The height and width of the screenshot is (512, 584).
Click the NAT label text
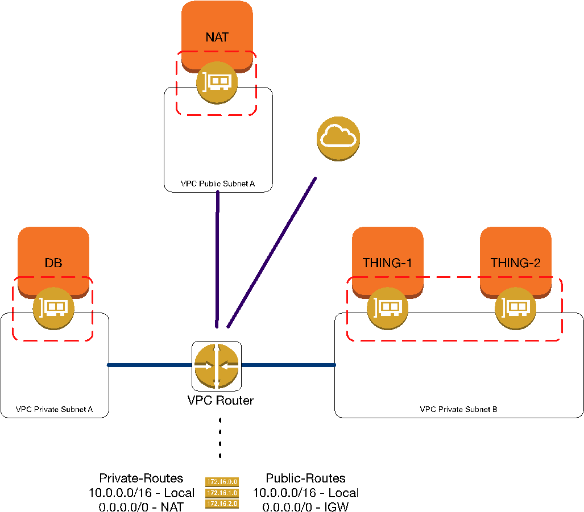coord(217,38)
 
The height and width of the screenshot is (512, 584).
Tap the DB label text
coord(53,263)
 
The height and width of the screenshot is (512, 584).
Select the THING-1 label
coord(387,263)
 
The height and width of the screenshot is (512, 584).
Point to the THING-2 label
coord(515,263)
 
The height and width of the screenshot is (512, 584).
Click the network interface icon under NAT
coord(217,83)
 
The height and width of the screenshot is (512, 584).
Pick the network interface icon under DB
coord(53,309)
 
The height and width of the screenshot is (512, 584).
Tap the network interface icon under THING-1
coord(387,309)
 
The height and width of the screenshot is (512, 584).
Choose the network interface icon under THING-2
coord(515,309)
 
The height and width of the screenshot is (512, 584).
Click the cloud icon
coord(338,139)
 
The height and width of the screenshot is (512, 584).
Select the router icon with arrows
coord(217,366)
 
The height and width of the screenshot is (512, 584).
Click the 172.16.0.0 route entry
coord(222,482)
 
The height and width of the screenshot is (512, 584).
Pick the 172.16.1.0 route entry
coord(222,493)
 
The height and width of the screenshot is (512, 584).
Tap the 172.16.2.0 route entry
coord(222,503)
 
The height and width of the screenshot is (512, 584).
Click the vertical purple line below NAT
coord(217,256)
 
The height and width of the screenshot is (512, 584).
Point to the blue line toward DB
coord(149,365)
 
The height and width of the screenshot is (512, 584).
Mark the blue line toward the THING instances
coord(289,365)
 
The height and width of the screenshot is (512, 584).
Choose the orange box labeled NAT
coord(217,20)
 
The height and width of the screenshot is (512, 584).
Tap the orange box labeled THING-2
coord(515,244)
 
